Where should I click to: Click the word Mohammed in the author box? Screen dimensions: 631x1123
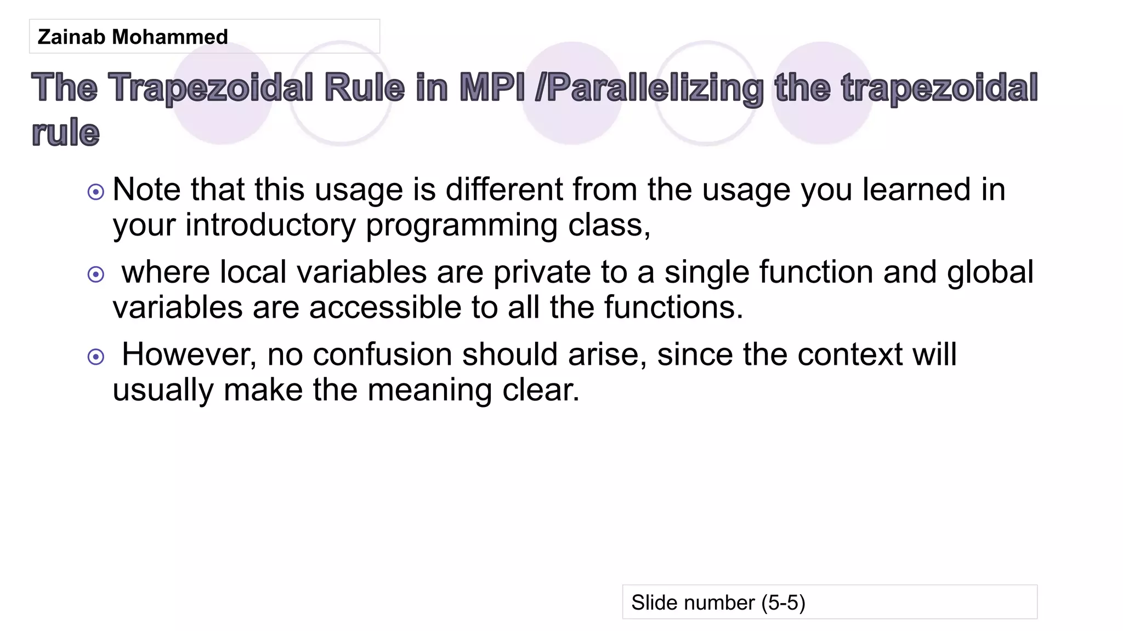(169, 37)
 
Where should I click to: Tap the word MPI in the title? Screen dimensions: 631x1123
(491, 88)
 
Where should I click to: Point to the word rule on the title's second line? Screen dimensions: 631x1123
(66, 133)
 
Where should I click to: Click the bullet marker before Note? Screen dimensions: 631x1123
(96, 192)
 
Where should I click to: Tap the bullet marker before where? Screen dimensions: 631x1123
(96, 274)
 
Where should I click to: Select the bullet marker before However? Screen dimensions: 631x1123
(96, 357)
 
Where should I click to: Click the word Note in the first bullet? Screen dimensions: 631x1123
(146, 190)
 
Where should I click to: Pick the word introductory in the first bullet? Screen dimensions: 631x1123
(270, 225)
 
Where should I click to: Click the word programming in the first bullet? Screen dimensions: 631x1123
(461, 225)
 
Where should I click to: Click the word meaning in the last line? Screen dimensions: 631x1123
(429, 391)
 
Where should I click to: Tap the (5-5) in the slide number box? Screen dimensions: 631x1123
(783, 603)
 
